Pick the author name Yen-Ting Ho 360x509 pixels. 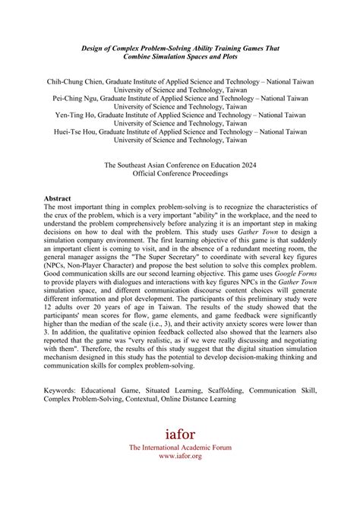point(68,115)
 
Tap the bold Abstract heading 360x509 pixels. point(59,199)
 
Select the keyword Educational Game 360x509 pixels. point(115,410)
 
